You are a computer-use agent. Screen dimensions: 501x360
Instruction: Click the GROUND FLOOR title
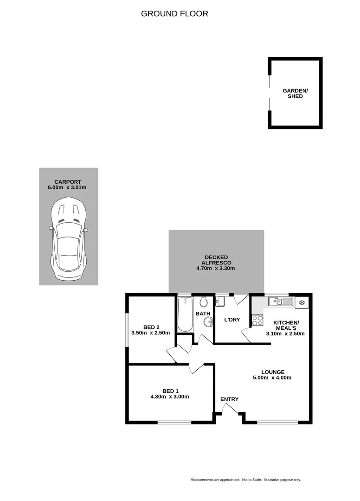pos(174,14)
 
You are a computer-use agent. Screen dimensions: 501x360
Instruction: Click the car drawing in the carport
pos(68,239)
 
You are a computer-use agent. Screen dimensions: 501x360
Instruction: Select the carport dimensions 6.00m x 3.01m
pos(68,188)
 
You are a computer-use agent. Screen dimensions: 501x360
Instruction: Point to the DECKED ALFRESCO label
pos(216,260)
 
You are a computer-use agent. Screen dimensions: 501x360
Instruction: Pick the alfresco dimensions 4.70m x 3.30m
pos(216,269)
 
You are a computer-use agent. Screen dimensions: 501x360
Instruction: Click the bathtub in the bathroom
pos(185,314)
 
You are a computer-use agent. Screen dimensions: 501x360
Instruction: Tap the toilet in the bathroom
pos(203,302)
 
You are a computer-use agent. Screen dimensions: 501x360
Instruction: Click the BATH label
pos(203,314)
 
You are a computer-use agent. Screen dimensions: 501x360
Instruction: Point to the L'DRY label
pos(232,320)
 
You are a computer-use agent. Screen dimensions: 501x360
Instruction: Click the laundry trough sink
pos(220,302)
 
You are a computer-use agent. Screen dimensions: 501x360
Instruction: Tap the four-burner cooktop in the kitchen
pos(257,320)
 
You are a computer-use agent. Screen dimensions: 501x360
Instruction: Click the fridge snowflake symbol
pos(302,302)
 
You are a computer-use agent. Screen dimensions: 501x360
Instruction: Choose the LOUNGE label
pos(272,372)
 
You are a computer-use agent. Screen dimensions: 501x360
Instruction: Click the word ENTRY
pos(229,399)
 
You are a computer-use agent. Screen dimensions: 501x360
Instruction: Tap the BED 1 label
pos(170,391)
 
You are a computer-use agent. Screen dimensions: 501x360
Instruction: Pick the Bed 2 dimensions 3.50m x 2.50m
pos(151,333)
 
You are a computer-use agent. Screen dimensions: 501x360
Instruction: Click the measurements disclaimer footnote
pos(245,480)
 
